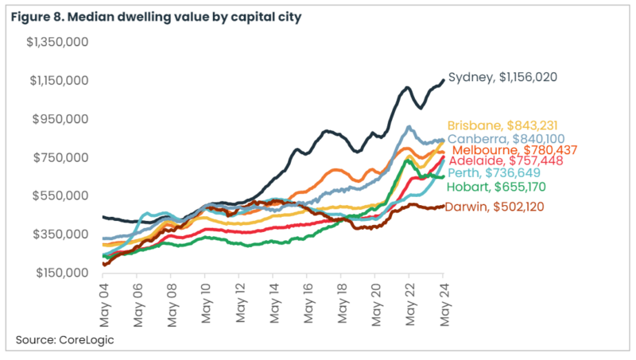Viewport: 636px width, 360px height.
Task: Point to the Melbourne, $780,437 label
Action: (514, 149)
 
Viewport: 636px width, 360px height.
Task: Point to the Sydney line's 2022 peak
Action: (406, 87)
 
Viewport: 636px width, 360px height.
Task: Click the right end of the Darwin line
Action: (443, 207)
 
